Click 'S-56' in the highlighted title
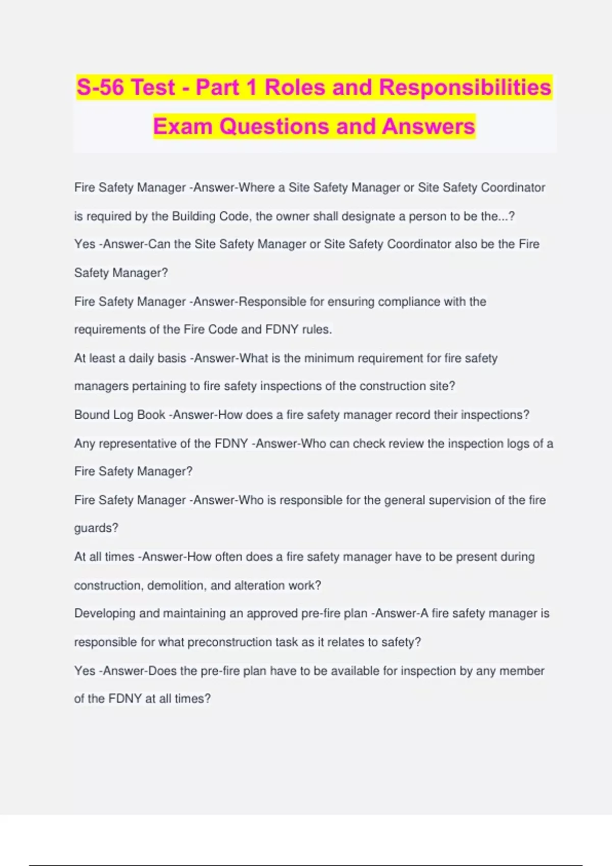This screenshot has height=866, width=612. pyautogui.click(x=100, y=87)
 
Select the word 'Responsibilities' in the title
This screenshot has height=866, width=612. pyautogui.click(x=465, y=87)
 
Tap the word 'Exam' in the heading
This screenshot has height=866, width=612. pyautogui.click(x=183, y=126)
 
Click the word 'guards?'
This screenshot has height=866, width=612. pyautogui.click(x=96, y=528)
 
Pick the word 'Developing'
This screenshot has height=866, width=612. pyautogui.click(x=105, y=613)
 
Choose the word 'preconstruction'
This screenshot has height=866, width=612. pyautogui.click(x=229, y=642)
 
